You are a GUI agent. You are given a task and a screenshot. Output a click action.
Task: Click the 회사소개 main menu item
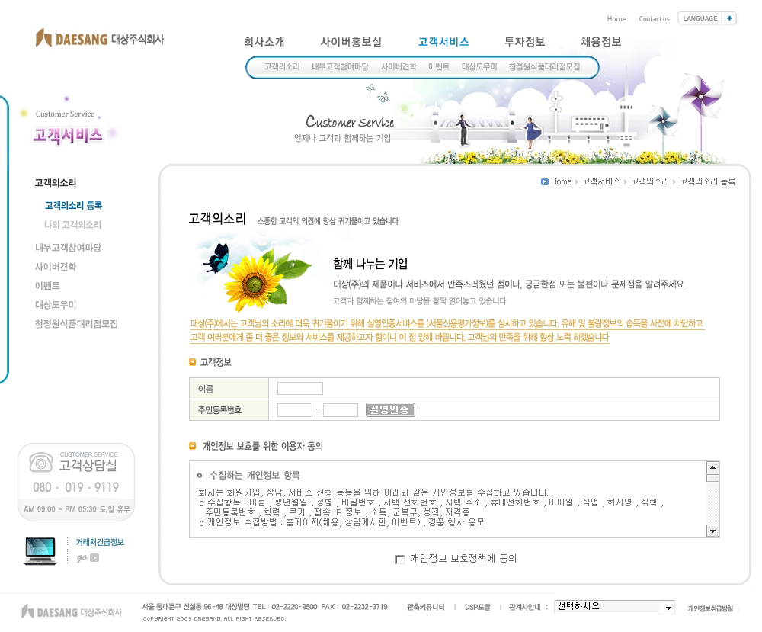pos(264,43)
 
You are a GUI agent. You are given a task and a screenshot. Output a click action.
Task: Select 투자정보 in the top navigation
pos(524,43)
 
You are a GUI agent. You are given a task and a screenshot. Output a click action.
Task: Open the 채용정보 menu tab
pos(600,43)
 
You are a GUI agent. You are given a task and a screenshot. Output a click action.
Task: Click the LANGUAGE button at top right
pos(706,18)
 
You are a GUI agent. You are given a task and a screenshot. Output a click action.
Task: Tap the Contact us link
pos(654,19)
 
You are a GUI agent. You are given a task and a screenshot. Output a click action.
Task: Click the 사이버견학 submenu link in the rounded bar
pos(399,67)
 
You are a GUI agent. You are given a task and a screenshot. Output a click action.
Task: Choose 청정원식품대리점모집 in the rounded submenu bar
pos(544,67)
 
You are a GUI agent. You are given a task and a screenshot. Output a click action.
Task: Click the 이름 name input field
pos(299,389)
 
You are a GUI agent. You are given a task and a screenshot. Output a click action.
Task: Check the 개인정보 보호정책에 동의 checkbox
pos(400,560)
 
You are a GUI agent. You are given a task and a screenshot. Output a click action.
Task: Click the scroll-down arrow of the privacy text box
pos(712,531)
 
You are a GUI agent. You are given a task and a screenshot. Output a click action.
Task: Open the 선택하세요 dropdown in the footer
pos(614,608)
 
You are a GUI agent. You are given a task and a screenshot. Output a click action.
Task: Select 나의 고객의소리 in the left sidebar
pos(72,225)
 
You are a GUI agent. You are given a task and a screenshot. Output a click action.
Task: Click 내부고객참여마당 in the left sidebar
pos(68,248)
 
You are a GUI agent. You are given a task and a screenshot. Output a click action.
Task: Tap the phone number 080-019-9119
pos(75,487)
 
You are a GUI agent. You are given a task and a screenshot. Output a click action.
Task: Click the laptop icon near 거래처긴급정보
pos(40,550)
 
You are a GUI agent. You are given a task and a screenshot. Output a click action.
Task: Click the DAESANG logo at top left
pos(99,38)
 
